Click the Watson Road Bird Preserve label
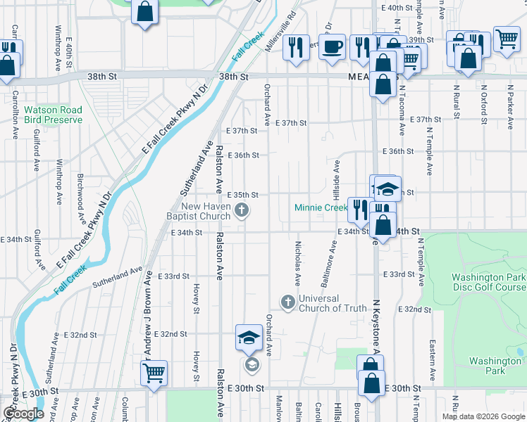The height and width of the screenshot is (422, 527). (x=53, y=115)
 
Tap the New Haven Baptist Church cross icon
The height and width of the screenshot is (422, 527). (x=242, y=209)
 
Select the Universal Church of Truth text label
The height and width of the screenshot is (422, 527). (x=333, y=303)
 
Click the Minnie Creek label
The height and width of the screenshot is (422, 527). (x=321, y=207)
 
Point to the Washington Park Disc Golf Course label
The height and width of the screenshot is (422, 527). (x=488, y=282)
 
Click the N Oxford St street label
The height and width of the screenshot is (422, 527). (x=484, y=101)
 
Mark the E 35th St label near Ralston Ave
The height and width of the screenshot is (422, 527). (x=242, y=195)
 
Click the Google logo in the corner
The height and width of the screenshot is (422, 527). (x=23, y=414)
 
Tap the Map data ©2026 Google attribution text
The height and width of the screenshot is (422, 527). (x=483, y=416)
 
